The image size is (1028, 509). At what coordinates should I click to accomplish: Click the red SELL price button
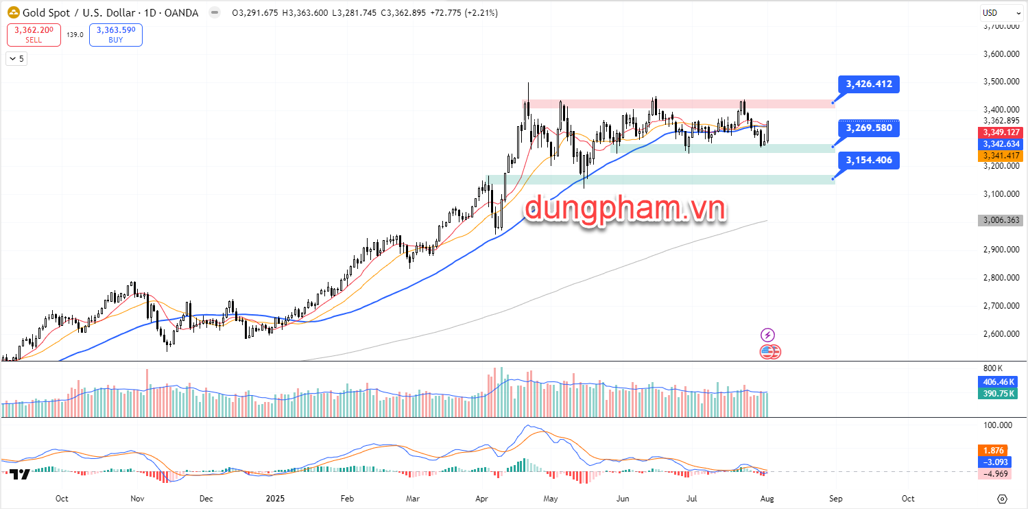click(x=34, y=35)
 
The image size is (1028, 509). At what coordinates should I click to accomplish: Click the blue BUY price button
click(x=115, y=35)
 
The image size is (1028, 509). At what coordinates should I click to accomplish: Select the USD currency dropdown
click(x=997, y=12)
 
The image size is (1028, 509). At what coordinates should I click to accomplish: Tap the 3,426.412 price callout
click(x=869, y=84)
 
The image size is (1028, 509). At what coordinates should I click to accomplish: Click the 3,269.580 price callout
click(x=869, y=128)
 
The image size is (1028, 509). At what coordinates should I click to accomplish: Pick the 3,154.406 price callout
click(x=869, y=161)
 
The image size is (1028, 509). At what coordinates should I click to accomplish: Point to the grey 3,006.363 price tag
click(x=1002, y=221)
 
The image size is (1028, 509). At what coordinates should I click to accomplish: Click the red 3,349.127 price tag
click(x=1002, y=132)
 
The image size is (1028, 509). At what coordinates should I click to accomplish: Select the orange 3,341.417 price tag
click(x=1002, y=156)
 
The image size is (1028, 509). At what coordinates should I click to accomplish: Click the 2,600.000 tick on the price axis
click(x=1002, y=334)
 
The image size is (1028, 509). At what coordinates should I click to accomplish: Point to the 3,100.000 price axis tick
click(x=1002, y=194)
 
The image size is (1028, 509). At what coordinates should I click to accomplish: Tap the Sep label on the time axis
click(x=835, y=499)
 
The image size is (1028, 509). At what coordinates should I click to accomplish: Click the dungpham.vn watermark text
click(x=624, y=209)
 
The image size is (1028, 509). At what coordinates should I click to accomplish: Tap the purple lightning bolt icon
click(x=768, y=335)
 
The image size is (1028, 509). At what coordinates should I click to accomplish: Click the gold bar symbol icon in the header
click(x=12, y=13)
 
